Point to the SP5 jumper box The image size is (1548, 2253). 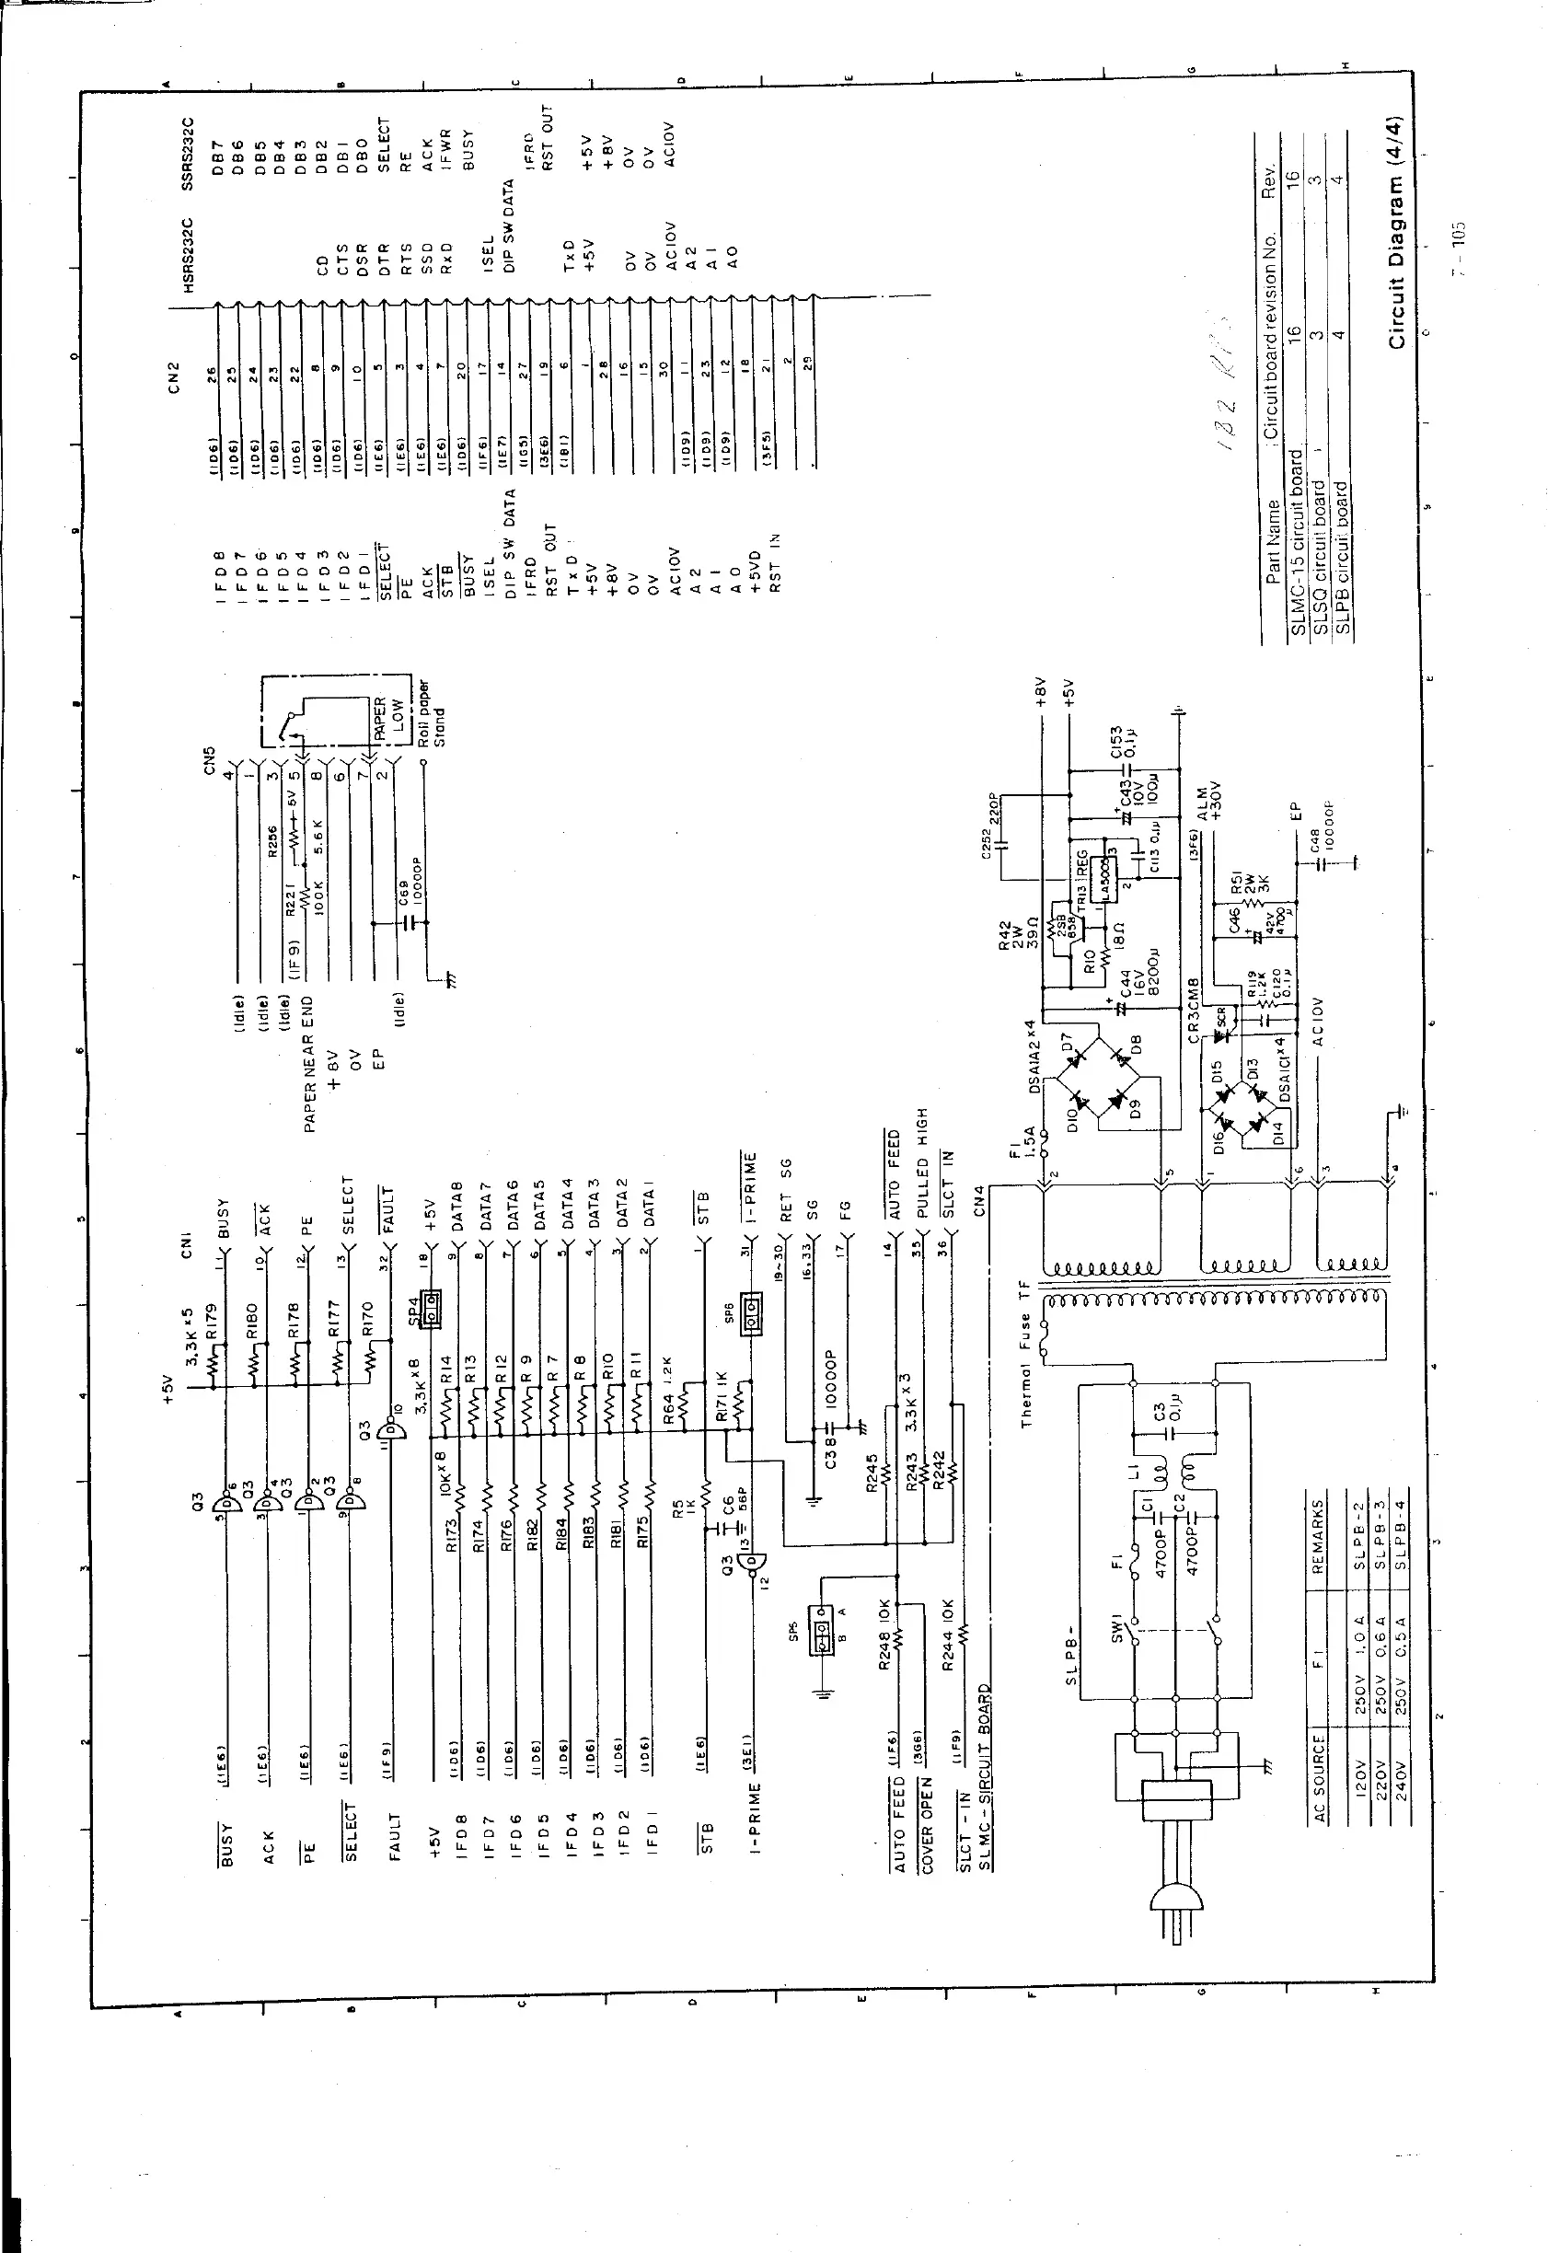tap(824, 1637)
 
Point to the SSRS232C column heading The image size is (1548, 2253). tap(190, 151)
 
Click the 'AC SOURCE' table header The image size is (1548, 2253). tap(1320, 1774)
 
